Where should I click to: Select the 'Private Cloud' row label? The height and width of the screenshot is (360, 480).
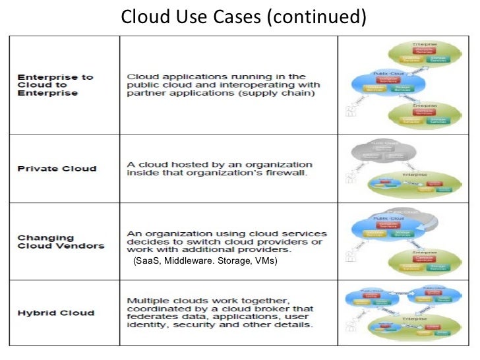[57, 168]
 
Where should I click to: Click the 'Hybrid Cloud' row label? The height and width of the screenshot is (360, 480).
[55, 313]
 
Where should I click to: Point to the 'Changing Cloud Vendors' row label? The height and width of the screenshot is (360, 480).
[61, 241]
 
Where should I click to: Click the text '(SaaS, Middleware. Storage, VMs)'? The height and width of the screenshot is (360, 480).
[205, 262]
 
